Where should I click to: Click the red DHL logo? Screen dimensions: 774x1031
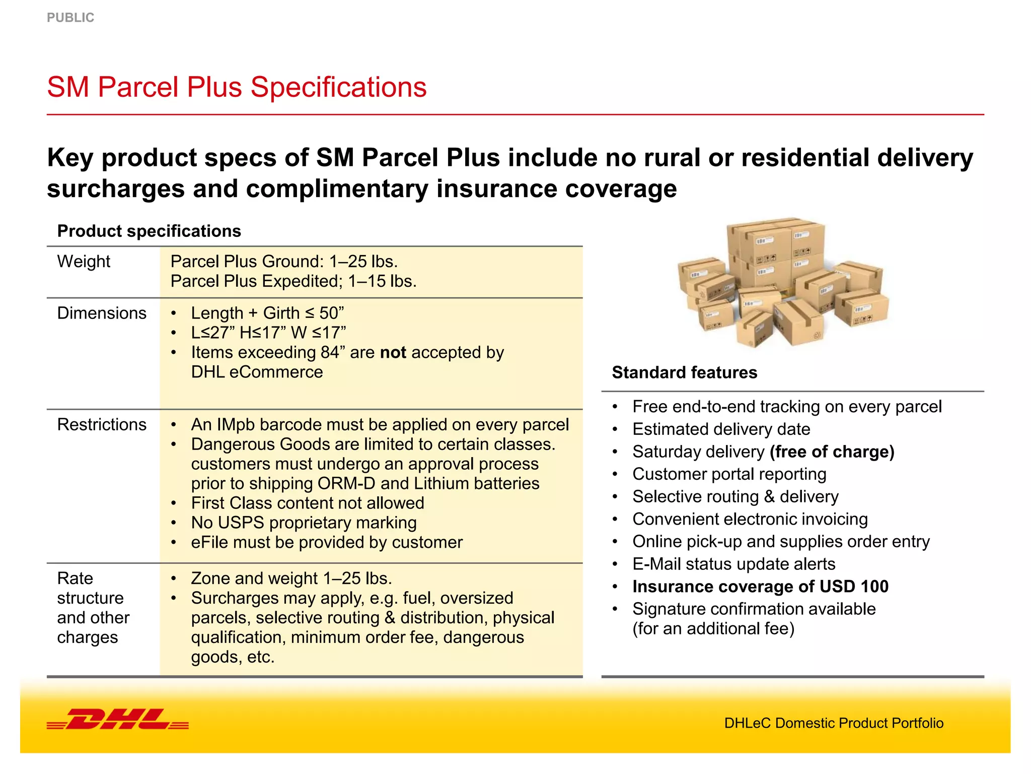[x=118, y=719]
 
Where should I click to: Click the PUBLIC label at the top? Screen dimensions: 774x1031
[x=70, y=18]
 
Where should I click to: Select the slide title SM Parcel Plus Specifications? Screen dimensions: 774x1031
[x=237, y=87]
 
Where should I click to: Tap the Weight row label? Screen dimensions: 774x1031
[x=84, y=262]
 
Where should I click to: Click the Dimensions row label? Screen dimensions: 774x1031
[x=102, y=313]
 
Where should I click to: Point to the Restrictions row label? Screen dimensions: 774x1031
[x=102, y=424]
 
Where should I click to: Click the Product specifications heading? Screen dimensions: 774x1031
[x=149, y=231]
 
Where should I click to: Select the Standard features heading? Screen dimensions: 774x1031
[x=684, y=372]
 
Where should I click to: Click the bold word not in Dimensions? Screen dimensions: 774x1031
[x=393, y=352]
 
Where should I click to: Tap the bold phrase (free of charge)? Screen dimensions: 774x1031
[x=832, y=451]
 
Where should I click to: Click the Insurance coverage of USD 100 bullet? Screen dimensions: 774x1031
[x=760, y=587]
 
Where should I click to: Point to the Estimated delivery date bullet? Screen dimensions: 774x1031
[x=721, y=429]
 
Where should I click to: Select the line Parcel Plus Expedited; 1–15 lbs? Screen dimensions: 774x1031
[x=293, y=281]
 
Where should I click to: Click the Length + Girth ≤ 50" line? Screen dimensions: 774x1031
[x=267, y=313]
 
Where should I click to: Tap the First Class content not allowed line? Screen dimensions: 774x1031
[x=308, y=503]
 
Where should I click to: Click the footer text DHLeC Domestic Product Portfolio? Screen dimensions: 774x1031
[x=834, y=723]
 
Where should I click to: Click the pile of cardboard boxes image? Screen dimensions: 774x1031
[x=782, y=282]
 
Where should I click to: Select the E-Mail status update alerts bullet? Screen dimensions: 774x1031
[x=733, y=564]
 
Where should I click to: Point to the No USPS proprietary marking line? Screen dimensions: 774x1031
[x=304, y=523]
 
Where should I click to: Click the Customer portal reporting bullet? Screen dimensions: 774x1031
[x=729, y=474]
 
